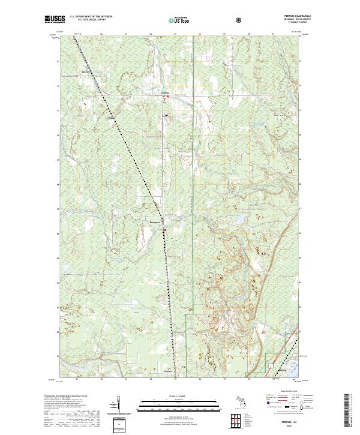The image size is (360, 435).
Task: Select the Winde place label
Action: tap(111, 118)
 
